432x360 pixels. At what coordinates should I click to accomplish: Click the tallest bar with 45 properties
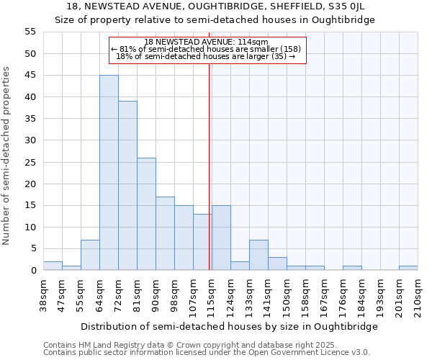[109, 173]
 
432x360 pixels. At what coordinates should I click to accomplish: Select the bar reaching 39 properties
[127, 186]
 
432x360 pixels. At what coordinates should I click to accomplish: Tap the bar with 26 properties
[146, 214]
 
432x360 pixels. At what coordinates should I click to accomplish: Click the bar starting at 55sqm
[90, 255]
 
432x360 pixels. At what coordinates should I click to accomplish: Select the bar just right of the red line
[221, 238]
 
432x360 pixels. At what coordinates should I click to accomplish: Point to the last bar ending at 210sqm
[408, 268]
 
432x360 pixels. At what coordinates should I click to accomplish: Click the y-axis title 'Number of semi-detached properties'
[7, 156]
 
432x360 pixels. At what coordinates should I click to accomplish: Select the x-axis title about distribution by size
[229, 326]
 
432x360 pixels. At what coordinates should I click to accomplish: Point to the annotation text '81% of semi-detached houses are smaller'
[207, 49]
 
